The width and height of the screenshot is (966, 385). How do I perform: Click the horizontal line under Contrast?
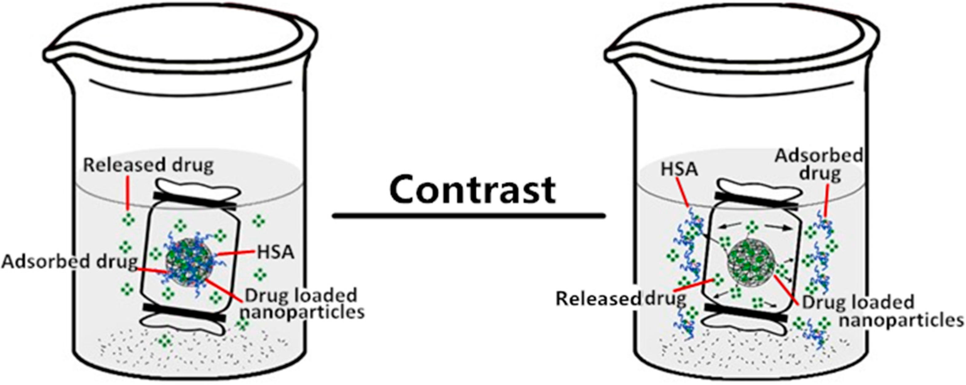(469, 215)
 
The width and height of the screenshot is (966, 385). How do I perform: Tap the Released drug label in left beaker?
(148, 165)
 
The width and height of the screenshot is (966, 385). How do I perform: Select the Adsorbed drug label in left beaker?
(69, 262)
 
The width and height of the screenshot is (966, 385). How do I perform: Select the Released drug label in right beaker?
(621, 298)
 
